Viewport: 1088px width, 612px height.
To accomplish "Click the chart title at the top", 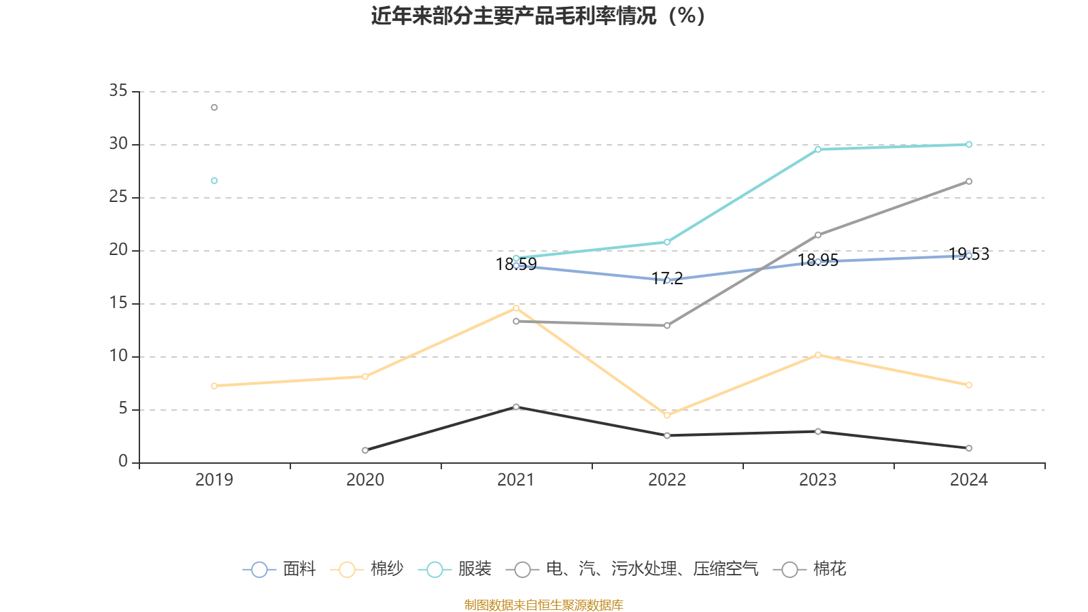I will (538, 16).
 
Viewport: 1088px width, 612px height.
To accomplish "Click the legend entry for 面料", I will (279, 569).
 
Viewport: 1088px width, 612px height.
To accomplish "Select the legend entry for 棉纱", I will (367, 569).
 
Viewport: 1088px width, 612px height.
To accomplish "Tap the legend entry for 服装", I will (455, 569).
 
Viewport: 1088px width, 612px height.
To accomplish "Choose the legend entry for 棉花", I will (811, 569).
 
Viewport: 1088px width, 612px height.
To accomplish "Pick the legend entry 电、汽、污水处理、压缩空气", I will (636, 569).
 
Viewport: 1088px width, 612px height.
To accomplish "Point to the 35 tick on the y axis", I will (118, 91).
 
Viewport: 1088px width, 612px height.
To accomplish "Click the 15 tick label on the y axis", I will (118, 303).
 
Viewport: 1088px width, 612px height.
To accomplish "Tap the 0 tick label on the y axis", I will (123, 462).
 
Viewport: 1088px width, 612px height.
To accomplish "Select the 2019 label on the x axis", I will (214, 480).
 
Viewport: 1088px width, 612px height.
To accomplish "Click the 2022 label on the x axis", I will (667, 480).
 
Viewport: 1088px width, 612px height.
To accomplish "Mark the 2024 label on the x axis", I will (969, 480).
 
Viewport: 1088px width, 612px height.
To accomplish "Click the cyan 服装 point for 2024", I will (969, 144).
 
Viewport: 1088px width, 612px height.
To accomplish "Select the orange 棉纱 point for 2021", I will (516, 308).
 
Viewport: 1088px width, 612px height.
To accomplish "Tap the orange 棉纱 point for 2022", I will (667, 415).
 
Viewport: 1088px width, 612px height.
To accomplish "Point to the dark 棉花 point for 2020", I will (365, 450).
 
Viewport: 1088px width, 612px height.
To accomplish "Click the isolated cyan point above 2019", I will (214, 181).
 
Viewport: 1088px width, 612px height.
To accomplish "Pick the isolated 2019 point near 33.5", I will (214, 107).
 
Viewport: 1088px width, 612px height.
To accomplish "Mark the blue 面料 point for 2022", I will (667, 280).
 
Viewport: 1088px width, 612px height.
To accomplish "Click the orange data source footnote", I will (543, 605).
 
